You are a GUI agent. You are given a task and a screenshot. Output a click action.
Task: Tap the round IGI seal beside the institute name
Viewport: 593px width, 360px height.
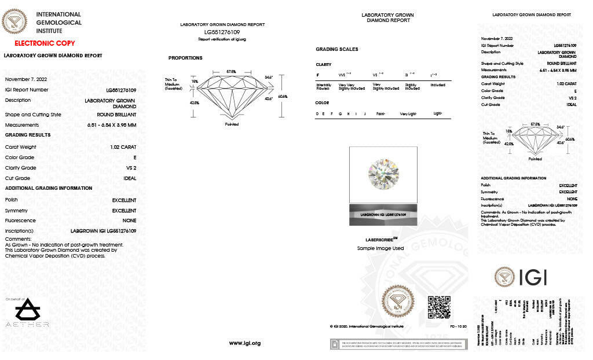pos(15,23)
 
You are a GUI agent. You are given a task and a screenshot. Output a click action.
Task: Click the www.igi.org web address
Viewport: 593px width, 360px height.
pos(245,343)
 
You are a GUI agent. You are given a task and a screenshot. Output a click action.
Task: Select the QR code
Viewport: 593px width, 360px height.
pos(438,307)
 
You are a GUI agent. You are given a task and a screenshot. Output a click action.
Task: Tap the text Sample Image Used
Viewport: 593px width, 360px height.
pos(380,248)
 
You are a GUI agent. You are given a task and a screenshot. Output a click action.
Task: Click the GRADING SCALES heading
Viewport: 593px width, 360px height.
pos(336,49)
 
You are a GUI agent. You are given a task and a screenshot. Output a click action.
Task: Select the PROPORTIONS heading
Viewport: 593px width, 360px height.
pos(185,58)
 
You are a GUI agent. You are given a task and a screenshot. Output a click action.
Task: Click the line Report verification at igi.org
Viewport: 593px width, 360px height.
pos(222,39)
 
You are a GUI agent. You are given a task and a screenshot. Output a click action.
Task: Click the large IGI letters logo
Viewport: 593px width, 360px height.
pos(521,277)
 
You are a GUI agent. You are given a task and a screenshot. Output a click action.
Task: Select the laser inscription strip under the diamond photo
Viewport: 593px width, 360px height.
pos(383,214)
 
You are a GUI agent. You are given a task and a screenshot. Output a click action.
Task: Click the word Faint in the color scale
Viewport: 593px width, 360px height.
pos(381,114)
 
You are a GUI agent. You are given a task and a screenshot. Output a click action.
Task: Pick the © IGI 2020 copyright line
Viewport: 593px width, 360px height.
pos(359,326)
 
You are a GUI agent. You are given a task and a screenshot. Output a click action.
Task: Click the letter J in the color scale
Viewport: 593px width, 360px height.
pos(365,114)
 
